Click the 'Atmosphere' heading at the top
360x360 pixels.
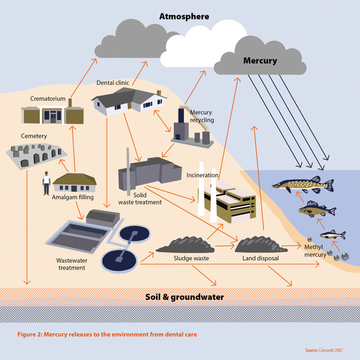(184, 17)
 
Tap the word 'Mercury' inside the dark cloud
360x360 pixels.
(260, 60)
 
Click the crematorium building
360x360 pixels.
(53, 114)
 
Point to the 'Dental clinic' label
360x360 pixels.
(113, 83)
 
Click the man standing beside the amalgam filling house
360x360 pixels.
(46, 183)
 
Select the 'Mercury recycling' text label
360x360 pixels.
(202, 116)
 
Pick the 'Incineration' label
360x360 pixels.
(202, 175)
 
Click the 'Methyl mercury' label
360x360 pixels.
(315, 251)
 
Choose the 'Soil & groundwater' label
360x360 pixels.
(184, 297)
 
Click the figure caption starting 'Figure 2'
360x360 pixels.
(107, 334)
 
